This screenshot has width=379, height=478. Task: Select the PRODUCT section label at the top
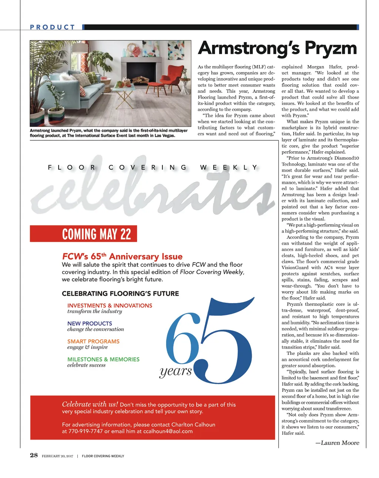coord(53,27)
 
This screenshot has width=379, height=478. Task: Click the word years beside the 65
coord(176,371)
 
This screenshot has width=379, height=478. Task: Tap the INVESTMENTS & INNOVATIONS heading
coord(110,305)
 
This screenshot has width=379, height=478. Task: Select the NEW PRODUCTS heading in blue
coord(90,323)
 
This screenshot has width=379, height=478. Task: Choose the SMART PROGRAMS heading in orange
coord(93,341)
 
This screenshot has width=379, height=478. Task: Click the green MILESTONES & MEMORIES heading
coord(103,359)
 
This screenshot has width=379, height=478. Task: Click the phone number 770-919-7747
coord(85,431)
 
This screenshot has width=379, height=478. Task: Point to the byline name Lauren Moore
coord(340,443)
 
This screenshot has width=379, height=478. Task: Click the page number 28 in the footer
coord(34,455)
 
